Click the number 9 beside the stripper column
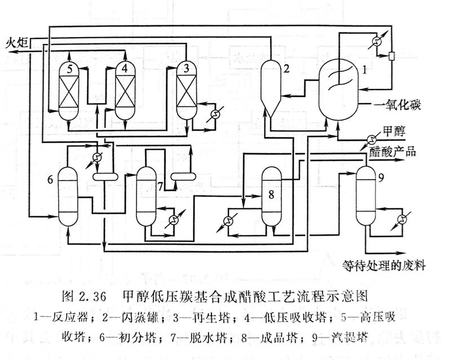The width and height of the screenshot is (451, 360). tap(381, 179)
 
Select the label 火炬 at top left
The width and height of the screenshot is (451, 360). tap(17, 41)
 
